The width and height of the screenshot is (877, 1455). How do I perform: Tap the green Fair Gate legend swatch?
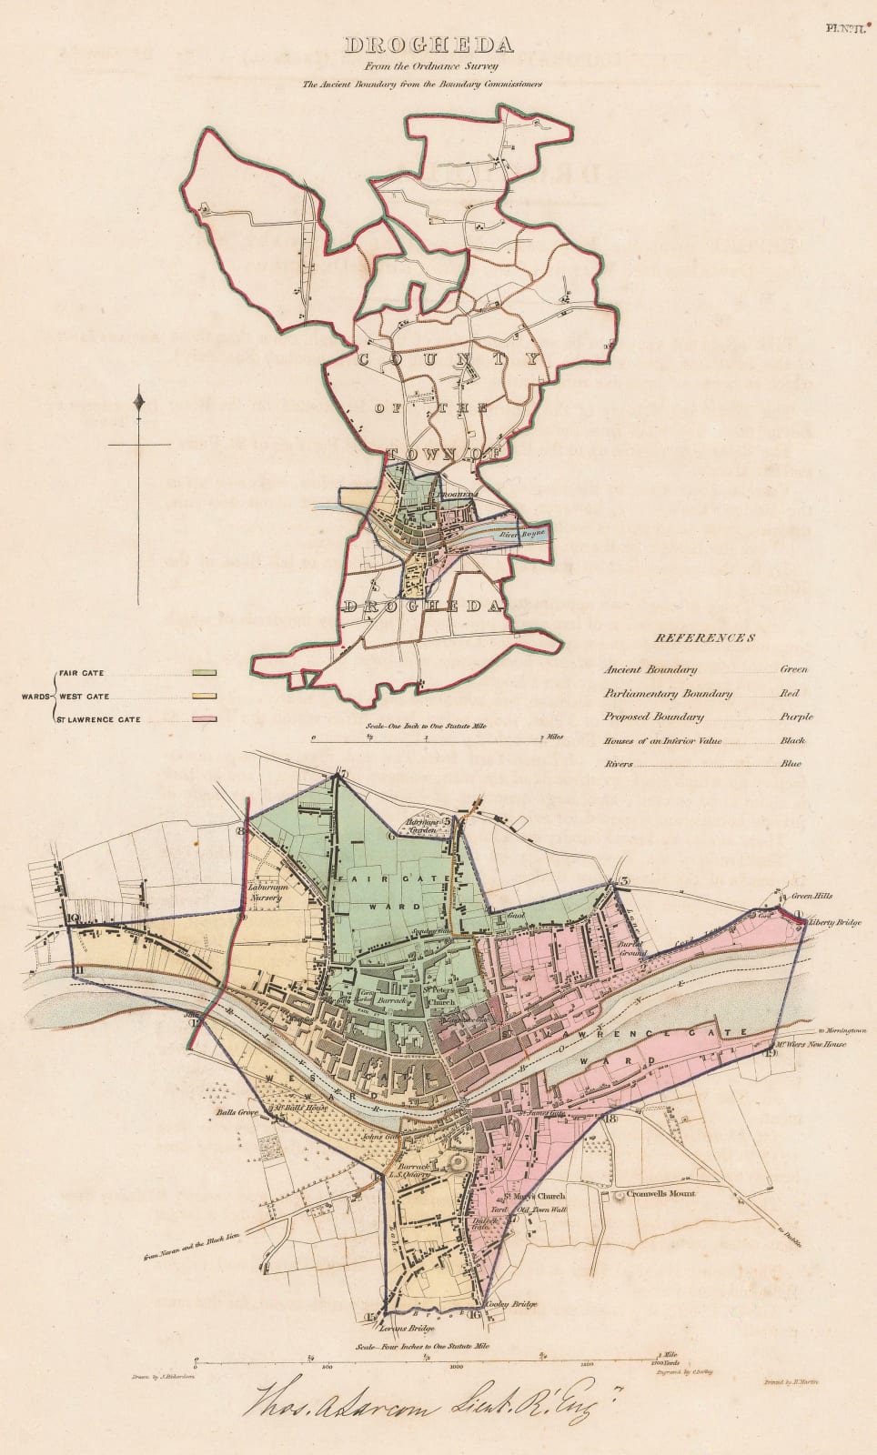(204, 673)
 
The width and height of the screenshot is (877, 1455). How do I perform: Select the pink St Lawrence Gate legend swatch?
(204, 719)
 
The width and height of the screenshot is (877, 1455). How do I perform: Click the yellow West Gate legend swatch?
(204, 697)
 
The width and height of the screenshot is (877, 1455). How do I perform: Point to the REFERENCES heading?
(705, 637)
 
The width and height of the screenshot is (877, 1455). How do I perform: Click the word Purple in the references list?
(796, 717)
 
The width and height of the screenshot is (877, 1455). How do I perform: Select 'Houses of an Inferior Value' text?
(664, 740)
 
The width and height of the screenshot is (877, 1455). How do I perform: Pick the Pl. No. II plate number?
(844, 29)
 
